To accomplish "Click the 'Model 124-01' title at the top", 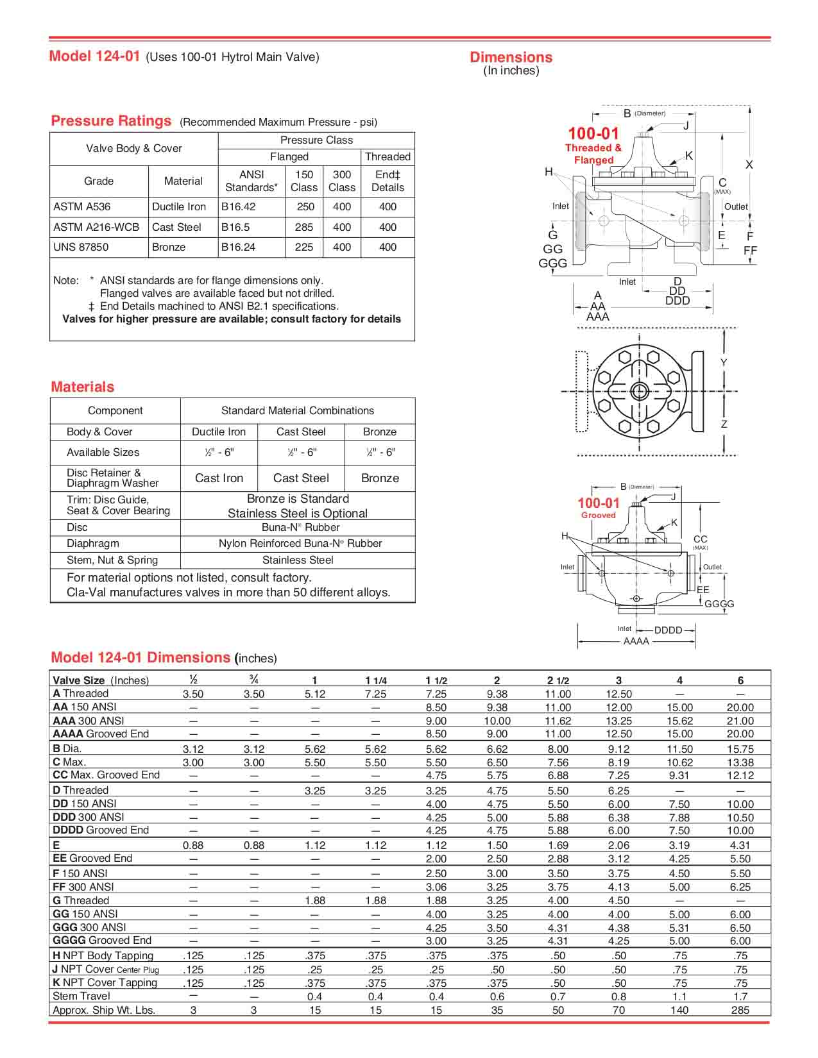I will tap(94, 56).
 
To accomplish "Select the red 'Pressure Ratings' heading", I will tap(111, 121).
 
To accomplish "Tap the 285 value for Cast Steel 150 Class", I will tap(304, 227).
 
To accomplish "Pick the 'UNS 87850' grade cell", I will tap(81, 247).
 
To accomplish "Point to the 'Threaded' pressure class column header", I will tap(388, 156).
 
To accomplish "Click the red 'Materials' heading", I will tap(83, 387).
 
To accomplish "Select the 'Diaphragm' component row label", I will tap(93, 543).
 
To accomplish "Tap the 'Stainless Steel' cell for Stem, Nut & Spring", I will tap(298, 560).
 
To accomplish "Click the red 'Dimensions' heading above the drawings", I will tap(511, 57).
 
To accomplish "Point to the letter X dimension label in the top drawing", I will tap(749, 165).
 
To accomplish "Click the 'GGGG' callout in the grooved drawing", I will tap(719, 604).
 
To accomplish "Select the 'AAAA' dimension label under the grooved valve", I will tap(636, 641).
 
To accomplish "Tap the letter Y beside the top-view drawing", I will tap(724, 363).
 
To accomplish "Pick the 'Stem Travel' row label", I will tap(81, 996).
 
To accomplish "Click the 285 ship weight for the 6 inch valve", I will tap(740, 1010).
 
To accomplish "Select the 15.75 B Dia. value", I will tap(740, 749).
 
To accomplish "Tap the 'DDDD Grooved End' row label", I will tap(101, 830).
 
